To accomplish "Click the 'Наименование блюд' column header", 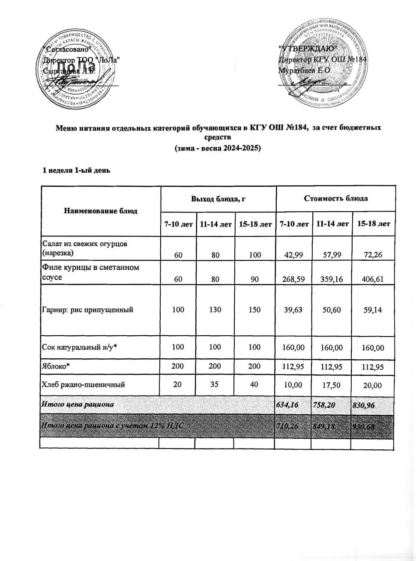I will [x=101, y=211].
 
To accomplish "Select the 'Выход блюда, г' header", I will [x=218, y=198].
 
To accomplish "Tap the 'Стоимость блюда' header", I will [x=335, y=198].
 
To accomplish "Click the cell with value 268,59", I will [x=293, y=279].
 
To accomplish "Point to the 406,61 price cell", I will [x=373, y=279].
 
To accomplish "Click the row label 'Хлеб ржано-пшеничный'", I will [x=83, y=384].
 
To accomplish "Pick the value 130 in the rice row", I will [x=215, y=310].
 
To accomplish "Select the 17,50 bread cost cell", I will [x=331, y=385].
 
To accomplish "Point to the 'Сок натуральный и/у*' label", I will [x=79, y=347].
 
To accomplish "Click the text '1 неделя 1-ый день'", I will [x=76, y=170].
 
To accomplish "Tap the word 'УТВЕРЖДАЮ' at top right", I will [x=308, y=48].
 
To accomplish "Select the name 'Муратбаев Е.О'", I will [x=304, y=70].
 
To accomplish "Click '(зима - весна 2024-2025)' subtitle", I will [x=218, y=148].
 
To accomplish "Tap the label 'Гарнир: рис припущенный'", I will [x=87, y=310].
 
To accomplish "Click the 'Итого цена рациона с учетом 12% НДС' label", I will [x=113, y=426].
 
